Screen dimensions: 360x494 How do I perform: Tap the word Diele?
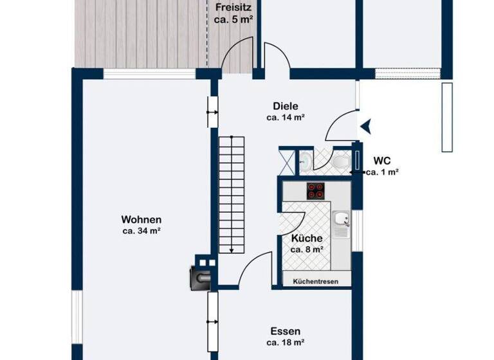click(x=285, y=106)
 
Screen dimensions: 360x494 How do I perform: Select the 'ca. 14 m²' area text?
click(x=285, y=118)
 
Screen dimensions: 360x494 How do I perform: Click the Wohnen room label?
click(x=141, y=219)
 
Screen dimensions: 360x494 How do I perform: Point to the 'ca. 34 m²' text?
click(x=141, y=231)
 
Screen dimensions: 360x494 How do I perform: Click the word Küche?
click(x=307, y=238)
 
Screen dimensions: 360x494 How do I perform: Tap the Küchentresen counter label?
click(x=316, y=282)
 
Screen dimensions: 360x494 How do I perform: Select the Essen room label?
click(x=285, y=331)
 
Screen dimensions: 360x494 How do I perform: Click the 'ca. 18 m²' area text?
click(x=285, y=343)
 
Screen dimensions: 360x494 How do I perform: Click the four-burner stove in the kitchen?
click(x=316, y=191)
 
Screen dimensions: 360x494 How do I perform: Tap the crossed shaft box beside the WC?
click(x=287, y=161)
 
